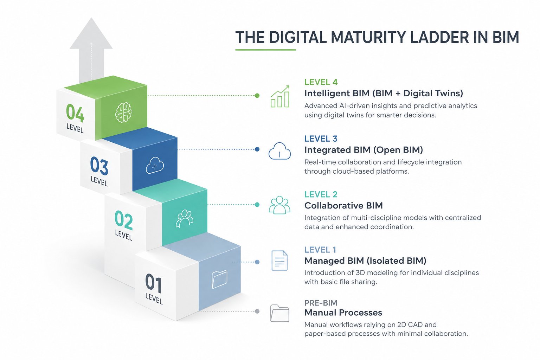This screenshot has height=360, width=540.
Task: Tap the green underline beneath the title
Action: click(265, 50)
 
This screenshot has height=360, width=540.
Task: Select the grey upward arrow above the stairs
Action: click(91, 50)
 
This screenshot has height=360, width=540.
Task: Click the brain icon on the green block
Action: click(124, 112)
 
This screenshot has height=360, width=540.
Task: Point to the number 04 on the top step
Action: click(75, 113)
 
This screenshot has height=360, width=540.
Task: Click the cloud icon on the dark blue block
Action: click(155, 165)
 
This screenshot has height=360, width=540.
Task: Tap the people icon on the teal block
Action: click(185, 219)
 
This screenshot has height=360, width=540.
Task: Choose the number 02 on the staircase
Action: click(124, 220)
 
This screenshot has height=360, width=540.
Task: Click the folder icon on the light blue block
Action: click(219, 279)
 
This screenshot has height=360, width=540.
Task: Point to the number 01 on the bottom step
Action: click(153, 283)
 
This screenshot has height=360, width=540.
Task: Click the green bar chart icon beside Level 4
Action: click(280, 96)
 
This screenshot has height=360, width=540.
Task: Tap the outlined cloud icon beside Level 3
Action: click(279, 151)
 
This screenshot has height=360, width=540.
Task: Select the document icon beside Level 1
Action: click(279, 261)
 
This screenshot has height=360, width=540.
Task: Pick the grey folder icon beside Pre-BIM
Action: click(279, 313)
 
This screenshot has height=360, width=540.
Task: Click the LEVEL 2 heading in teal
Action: click(321, 194)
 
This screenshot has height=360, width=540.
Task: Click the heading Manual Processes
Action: click(343, 313)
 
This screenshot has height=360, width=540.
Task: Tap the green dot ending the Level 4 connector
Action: click(257, 96)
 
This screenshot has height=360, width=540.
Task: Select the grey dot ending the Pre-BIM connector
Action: click(257, 311)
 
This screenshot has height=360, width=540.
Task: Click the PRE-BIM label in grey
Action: click(321, 303)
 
